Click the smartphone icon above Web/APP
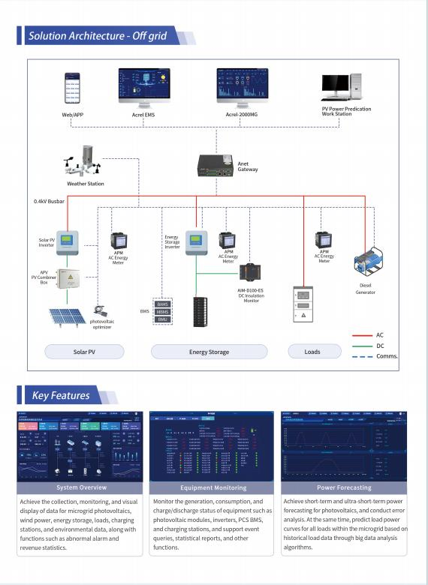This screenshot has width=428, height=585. tap(72, 88)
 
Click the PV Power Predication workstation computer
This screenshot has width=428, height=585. tap(340, 88)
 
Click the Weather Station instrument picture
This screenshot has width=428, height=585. tap(84, 162)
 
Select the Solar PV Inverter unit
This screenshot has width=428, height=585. tap(69, 242)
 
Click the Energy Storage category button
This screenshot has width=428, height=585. tap(208, 351)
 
